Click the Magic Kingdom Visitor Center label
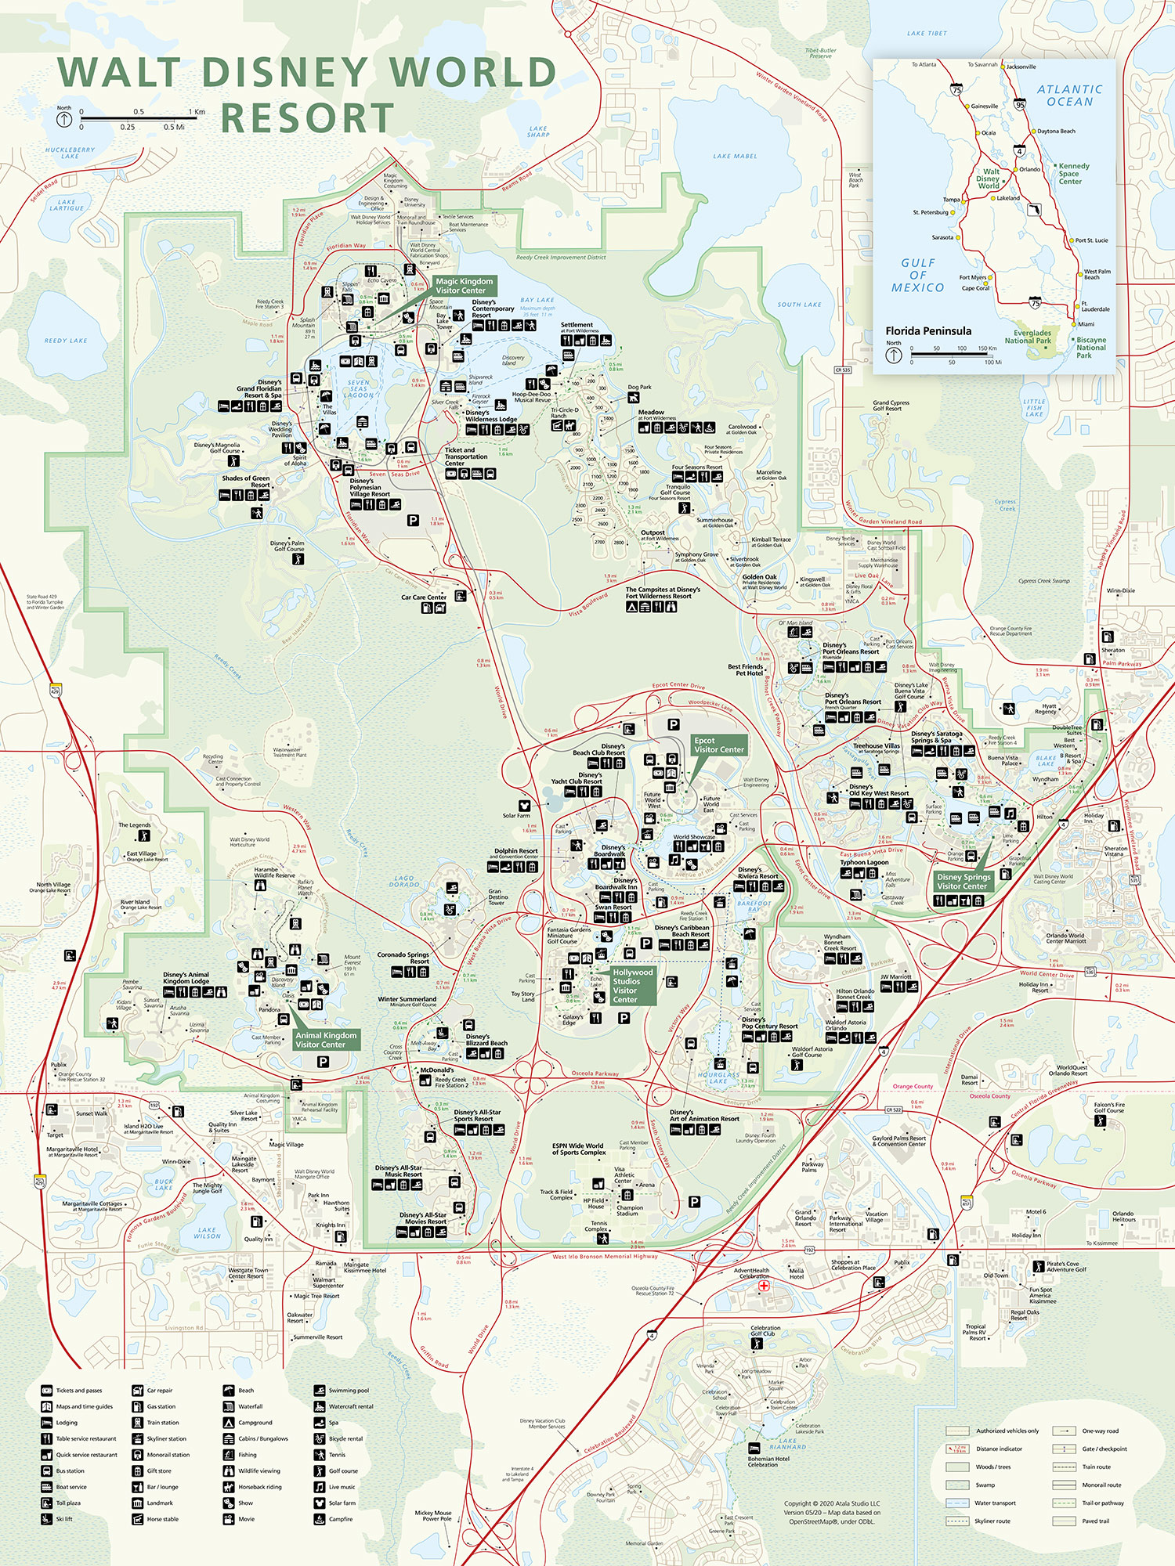(465, 286)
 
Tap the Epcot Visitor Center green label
(718, 745)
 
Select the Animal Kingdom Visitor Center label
(326, 1040)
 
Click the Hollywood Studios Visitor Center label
(632, 986)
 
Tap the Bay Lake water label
(537, 300)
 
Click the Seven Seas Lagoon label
(359, 389)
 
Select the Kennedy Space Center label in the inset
(1073, 174)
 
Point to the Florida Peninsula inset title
(928, 331)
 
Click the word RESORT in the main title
(307, 119)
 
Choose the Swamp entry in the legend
(985, 1485)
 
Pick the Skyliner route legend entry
(992, 1521)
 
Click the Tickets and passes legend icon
(47, 1391)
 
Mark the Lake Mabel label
(735, 157)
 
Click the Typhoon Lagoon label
(864, 862)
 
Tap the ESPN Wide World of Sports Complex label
(578, 1149)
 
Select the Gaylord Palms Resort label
(898, 1141)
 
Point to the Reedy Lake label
(66, 341)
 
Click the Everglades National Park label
(1032, 337)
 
